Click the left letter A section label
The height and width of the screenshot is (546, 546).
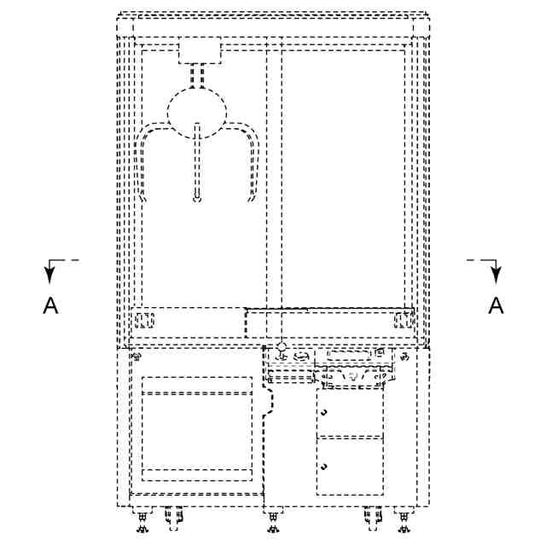(51, 306)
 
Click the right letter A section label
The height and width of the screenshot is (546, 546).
(495, 306)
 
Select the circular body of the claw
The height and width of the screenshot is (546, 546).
(198, 110)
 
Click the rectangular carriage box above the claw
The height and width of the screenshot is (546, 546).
(199, 52)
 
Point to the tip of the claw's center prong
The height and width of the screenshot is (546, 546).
(197, 200)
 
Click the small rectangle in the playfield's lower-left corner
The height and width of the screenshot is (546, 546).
(142, 322)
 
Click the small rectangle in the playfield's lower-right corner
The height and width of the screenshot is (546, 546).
(402, 321)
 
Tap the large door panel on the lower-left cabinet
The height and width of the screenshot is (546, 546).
(197, 429)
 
